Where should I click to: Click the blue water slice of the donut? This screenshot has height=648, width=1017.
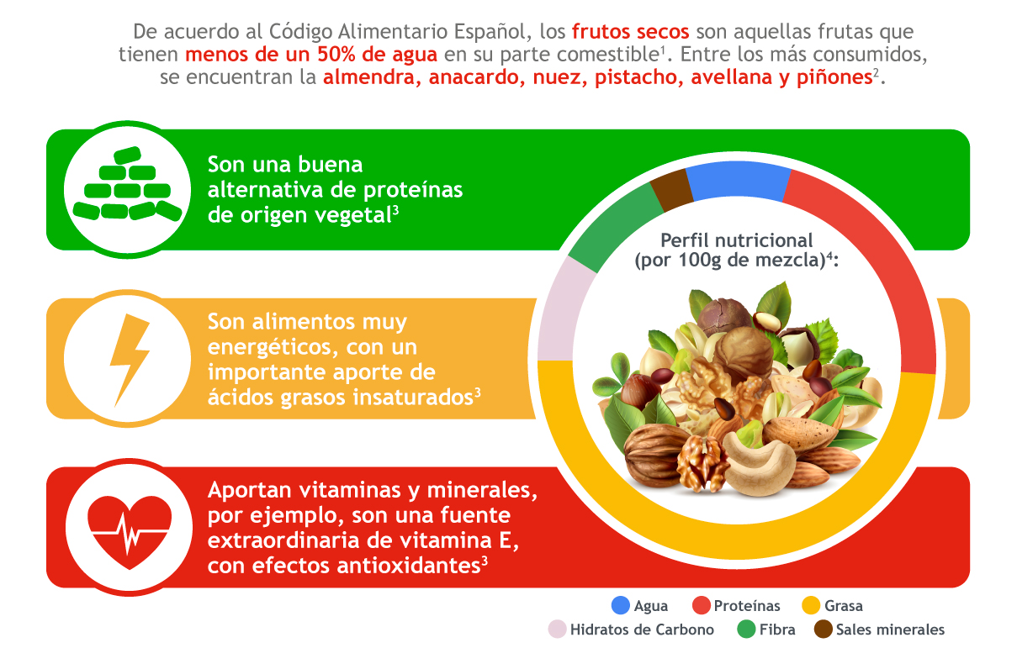pyautogui.click(x=739, y=181)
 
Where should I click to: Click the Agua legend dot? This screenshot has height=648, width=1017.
pyautogui.click(x=621, y=605)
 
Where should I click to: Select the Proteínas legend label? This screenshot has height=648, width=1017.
pyautogui.click(x=747, y=606)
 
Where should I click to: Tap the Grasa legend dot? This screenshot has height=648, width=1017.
pyautogui.click(x=810, y=605)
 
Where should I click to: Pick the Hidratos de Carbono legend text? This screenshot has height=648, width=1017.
pyautogui.click(x=642, y=630)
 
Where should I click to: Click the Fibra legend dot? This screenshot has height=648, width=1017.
pyautogui.click(x=746, y=630)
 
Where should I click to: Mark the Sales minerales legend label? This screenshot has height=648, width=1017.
pyautogui.click(x=890, y=630)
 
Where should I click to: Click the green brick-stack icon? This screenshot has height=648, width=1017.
pyautogui.click(x=128, y=184)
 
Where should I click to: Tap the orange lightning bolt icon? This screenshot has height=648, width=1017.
pyautogui.click(x=130, y=360)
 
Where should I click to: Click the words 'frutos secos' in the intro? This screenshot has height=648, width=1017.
pyautogui.click(x=630, y=32)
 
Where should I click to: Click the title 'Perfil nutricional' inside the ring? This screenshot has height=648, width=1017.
pyautogui.click(x=736, y=240)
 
